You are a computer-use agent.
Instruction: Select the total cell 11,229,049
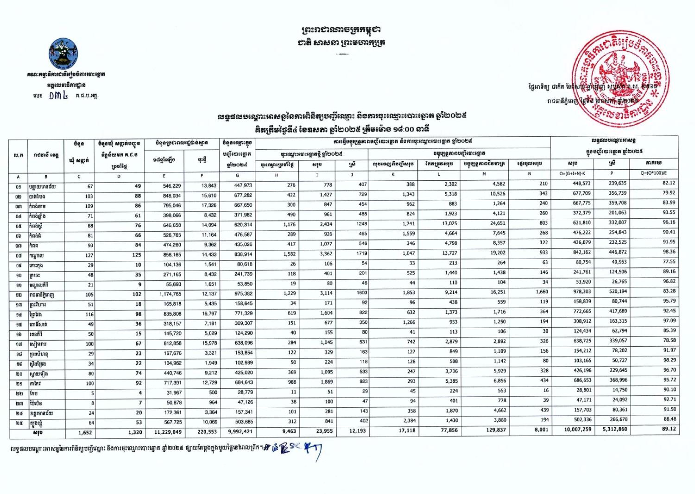point(169,431)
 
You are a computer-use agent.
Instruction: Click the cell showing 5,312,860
point(614,430)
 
